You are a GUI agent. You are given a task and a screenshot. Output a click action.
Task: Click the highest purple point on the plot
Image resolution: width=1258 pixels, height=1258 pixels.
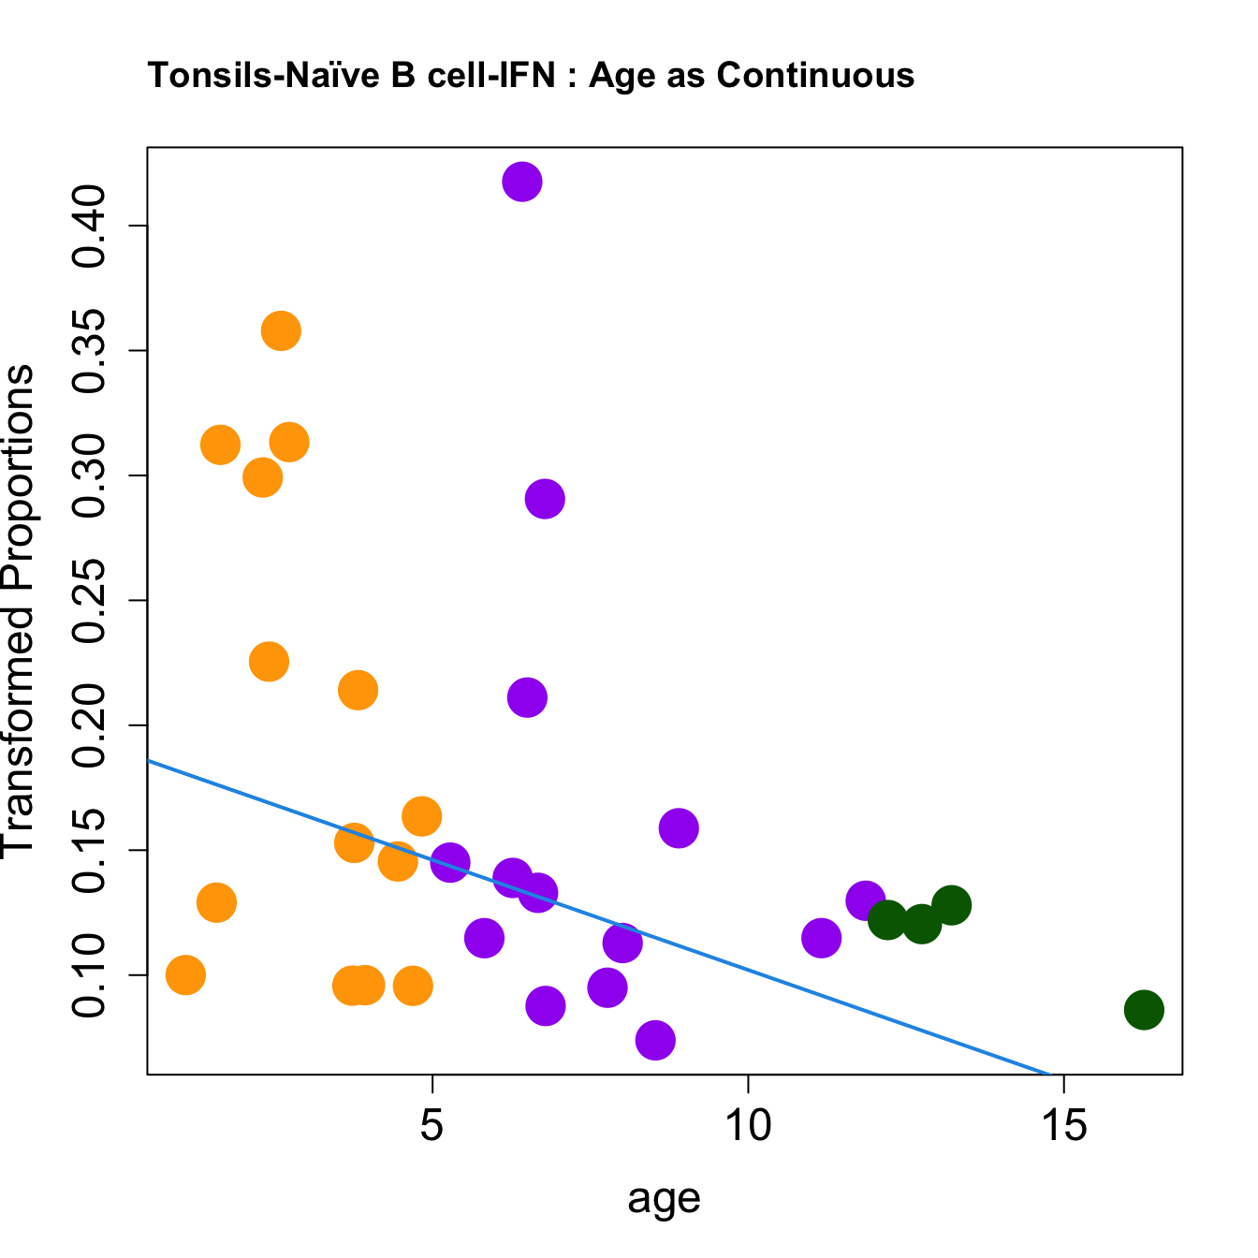click(522, 182)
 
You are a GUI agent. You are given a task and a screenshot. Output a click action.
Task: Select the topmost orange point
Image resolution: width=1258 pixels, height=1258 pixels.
click(281, 330)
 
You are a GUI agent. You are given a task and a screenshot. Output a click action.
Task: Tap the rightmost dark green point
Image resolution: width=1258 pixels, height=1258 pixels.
click(1144, 1010)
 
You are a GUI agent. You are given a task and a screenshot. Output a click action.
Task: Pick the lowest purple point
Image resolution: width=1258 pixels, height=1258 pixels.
click(655, 1040)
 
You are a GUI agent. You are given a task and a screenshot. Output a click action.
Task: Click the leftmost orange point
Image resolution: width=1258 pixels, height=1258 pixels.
click(185, 975)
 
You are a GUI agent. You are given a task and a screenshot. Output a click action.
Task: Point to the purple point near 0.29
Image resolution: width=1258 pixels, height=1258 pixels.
click(545, 499)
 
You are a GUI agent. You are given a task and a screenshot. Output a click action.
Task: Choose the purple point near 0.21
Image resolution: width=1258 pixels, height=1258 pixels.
click(527, 698)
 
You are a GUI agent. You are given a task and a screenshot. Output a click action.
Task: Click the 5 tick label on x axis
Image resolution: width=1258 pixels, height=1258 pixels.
click(432, 1126)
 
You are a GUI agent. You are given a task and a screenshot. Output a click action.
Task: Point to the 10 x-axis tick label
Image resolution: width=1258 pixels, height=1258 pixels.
click(748, 1126)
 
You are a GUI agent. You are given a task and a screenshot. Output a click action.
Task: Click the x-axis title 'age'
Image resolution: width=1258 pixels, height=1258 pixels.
click(664, 1198)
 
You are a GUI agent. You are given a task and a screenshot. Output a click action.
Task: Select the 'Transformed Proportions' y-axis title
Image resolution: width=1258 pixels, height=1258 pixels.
click(19, 610)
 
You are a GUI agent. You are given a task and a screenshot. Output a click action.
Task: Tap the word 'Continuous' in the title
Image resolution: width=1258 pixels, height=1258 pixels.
click(816, 75)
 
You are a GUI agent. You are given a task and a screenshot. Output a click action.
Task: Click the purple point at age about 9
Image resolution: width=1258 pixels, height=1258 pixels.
click(679, 827)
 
